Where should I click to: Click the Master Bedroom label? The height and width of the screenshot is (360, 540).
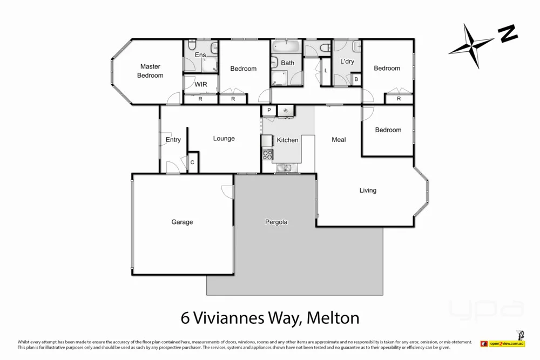click(150, 71)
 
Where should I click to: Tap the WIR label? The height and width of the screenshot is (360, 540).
click(201, 85)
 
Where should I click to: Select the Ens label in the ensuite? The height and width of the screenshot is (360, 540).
click(200, 55)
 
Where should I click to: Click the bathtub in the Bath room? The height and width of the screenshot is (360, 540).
click(287, 47)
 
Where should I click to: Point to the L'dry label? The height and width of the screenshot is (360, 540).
click(347, 62)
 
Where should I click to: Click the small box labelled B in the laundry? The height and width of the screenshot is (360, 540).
click(356, 79)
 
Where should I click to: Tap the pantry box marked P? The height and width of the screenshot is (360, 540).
click(268, 111)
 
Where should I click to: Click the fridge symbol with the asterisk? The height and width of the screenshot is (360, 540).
click(286, 111)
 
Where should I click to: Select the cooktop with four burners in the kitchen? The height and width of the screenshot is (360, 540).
click(267, 154)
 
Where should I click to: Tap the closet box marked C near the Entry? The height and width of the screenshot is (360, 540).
click(192, 162)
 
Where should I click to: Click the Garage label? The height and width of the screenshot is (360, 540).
click(182, 222)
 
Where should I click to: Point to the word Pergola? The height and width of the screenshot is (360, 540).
click(276, 222)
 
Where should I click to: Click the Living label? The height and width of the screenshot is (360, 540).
click(368, 191)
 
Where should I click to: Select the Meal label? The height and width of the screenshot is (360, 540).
click(339, 140)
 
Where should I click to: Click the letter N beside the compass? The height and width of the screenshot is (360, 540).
click(508, 35)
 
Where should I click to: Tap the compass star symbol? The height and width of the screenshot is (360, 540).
click(471, 46)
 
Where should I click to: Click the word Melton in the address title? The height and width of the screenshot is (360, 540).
click(333, 318)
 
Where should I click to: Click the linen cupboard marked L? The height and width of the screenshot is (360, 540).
click(326, 71)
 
